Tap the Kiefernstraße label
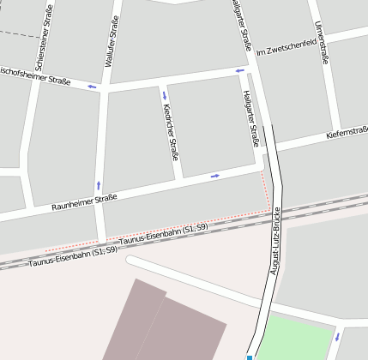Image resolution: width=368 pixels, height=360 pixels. (x=347, y=134)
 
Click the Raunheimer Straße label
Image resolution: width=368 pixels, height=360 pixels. (x=84, y=202)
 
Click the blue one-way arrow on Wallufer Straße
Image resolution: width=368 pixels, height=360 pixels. (x=99, y=184)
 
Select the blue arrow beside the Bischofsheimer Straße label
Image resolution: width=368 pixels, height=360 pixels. (x=91, y=86)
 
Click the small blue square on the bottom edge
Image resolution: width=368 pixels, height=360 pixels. (x=249, y=357)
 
